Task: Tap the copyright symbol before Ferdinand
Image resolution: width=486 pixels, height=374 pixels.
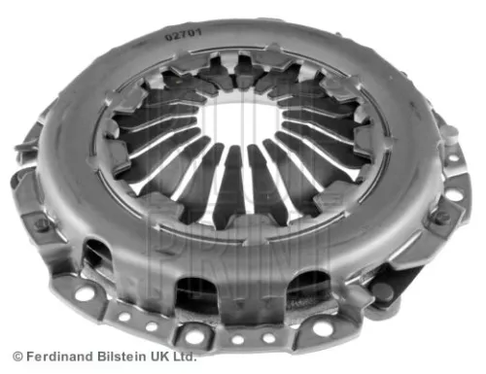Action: [17, 358]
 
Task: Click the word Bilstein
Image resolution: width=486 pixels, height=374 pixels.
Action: [120, 358]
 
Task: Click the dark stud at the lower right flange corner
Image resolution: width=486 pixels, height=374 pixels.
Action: [387, 289]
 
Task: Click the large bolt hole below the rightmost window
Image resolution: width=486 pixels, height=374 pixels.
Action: [323, 327]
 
